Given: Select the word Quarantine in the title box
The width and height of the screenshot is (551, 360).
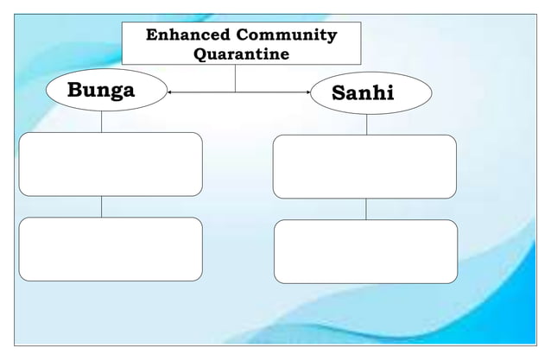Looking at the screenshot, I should point(240,55).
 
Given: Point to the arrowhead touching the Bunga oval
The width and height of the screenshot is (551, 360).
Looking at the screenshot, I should point(170,92).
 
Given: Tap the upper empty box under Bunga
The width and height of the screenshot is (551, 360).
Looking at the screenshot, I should point(111,164).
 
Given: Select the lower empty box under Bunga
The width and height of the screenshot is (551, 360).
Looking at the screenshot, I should point(111,249).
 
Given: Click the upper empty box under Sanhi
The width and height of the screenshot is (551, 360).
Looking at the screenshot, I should point(364,167).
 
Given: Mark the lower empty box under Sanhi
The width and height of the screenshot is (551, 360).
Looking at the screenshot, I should point(365,251).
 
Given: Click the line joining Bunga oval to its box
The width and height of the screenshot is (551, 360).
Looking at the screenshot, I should point(101,122).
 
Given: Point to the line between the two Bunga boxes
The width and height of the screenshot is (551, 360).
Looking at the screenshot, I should point(101,206).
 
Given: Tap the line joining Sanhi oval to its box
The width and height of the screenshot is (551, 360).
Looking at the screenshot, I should point(366,124).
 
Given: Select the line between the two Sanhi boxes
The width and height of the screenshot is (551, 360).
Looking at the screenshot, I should point(365,209).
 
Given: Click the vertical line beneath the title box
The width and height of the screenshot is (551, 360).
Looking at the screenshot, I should point(236,79).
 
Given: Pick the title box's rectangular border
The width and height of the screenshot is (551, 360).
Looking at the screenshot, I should point(123,44).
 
